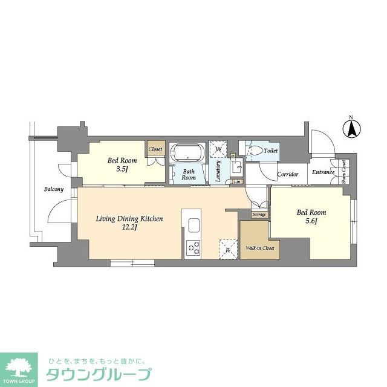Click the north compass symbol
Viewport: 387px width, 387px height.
click(x=351, y=128)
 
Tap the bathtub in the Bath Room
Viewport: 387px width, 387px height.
click(x=187, y=151)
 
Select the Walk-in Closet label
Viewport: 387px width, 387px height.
click(x=260, y=248)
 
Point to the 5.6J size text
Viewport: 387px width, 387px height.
click(x=311, y=222)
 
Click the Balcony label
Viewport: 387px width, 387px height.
click(x=53, y=189)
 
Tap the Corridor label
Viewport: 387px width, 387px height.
click(x=288, y=174)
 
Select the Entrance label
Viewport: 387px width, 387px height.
click(x=324, y=172)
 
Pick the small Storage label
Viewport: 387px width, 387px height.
click(x=259, y=215)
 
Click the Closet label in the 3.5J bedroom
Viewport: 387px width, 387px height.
click(x=155, y=148)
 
